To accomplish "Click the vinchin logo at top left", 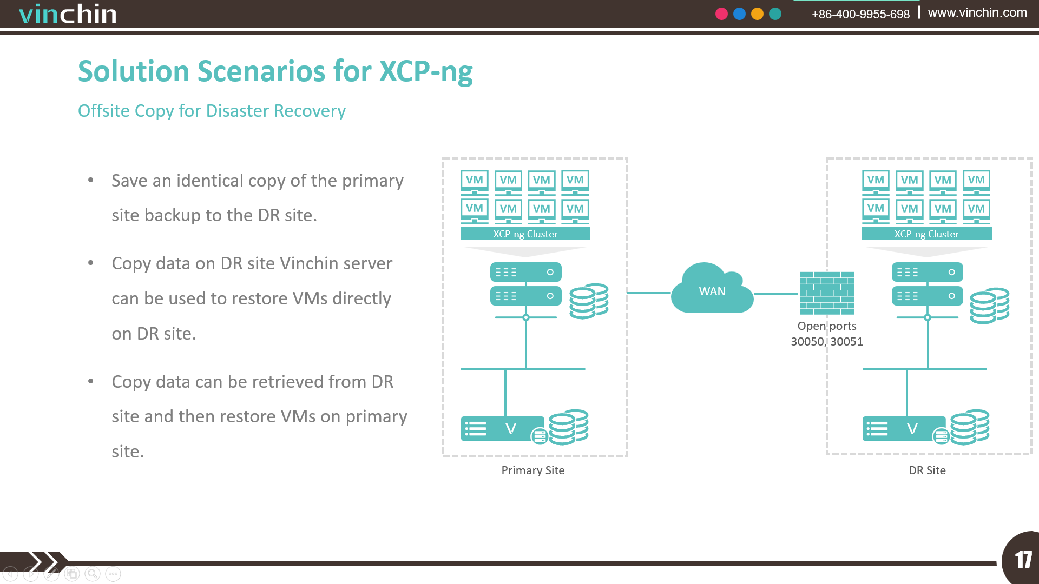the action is (x=68, y=14).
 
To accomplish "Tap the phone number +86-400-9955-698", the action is (x=860, y=14).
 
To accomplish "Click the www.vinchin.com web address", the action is (x=977, y=12).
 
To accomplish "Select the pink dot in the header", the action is (x=721, y=14).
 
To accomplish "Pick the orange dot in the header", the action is (x=757, y=14).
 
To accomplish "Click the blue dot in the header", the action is (x=739, y=14).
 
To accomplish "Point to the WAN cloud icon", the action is (x=712, y=288).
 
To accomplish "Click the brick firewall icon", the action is (x=827, y=293).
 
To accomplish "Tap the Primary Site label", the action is (x=533, y=470).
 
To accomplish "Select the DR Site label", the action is (x=927, y=470).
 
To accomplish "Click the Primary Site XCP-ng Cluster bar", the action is (x=525, y=234).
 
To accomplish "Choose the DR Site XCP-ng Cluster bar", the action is (x=926, y=234).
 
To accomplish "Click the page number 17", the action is (x=1023, y=560).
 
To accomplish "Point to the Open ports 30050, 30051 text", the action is (x=827, y=334).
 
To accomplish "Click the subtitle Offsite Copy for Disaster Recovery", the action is (x=212, y=111).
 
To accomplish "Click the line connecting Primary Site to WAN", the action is (x=649, y=293).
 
